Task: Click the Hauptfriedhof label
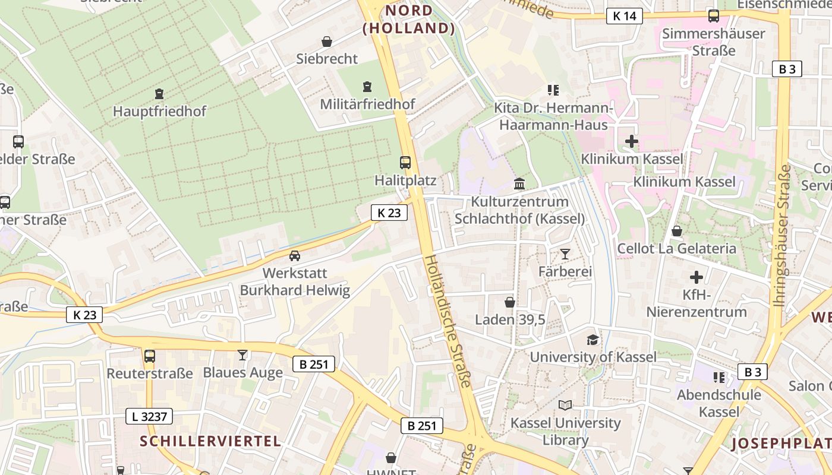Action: (159, 111)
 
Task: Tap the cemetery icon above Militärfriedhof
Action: (367, 87)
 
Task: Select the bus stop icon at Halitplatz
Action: (405, 162)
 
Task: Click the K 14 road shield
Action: (625, 16)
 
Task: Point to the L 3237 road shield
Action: (149, 416)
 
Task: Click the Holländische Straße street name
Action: (449, 321)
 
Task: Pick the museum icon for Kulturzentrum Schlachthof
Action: (519, 183)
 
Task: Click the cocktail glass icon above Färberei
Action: (565, 254)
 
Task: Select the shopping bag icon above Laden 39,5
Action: (509, 302)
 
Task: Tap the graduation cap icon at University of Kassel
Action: (593, 340)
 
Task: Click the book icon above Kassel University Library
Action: (565, 406)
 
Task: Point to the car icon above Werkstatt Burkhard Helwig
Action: (294, 256)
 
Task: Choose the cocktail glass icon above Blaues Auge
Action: (242, 355)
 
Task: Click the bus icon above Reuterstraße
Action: (150, 356)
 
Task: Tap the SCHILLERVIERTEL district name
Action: (210, 441)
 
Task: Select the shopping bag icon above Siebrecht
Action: (327, 41)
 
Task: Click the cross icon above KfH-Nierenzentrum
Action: (696, 277)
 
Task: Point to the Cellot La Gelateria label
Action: (677, 248)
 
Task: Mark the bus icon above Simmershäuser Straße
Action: (714, 16)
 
